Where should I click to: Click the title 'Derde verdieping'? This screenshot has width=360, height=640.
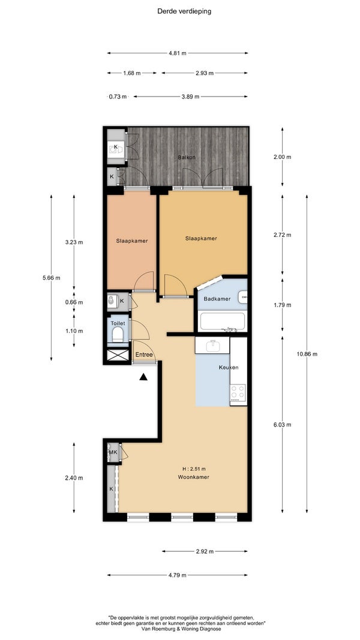(184, 11)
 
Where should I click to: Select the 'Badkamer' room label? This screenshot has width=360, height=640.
(217, 299)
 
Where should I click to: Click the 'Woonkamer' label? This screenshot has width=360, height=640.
(194, 477)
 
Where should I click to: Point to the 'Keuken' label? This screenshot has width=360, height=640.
(229, 367)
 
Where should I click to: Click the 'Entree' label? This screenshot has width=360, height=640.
(145, 354)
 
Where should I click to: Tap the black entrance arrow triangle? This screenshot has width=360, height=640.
(143, 377)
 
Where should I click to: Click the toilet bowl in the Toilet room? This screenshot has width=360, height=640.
(118, 335)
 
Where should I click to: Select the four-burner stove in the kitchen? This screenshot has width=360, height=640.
(238, 392)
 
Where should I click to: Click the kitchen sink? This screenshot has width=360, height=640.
(212, 345)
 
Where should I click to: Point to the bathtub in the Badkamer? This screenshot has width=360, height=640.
(223, 321)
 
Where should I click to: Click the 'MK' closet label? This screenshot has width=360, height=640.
(113, 452)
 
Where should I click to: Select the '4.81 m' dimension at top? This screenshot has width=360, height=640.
(178, 53)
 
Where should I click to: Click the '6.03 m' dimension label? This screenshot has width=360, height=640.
(283, 425)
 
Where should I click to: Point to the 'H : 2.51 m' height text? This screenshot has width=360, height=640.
(194, 468)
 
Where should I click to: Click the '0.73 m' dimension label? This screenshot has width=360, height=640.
(118, 97)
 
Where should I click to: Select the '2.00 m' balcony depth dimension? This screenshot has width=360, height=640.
(283, 157)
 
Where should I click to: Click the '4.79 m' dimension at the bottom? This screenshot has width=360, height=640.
(178, 575)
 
